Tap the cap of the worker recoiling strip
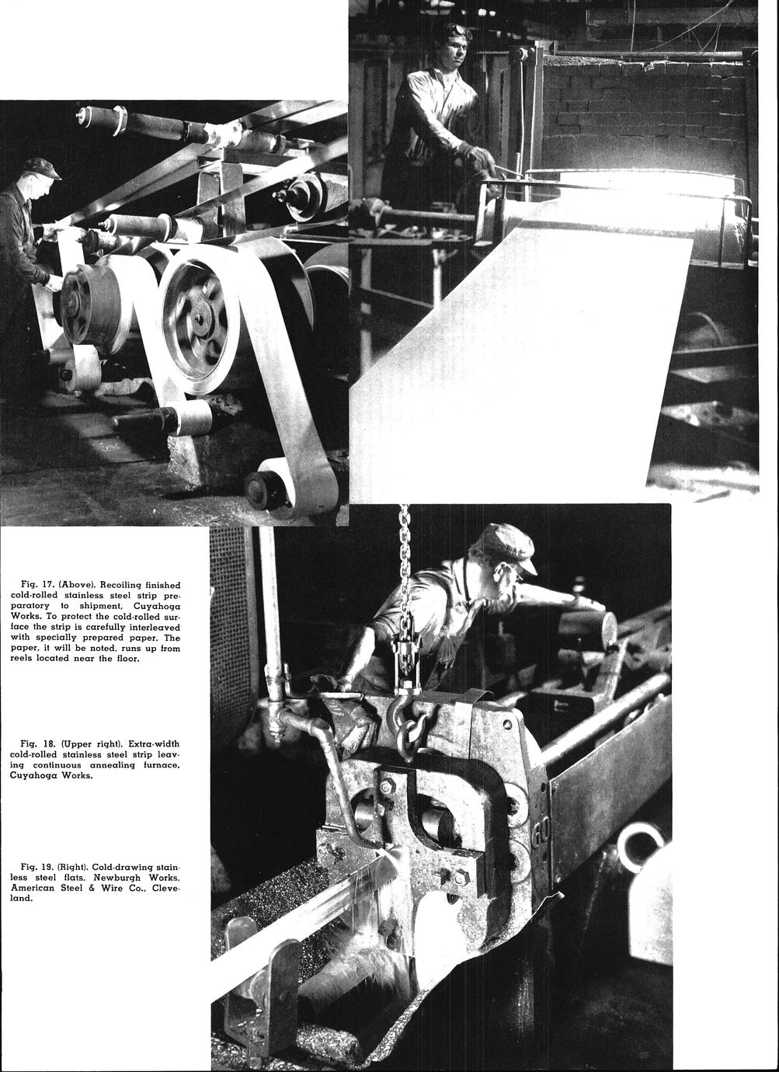coord(40,166)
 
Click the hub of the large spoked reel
coord(200,317)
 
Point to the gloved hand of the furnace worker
coord(477,159)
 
